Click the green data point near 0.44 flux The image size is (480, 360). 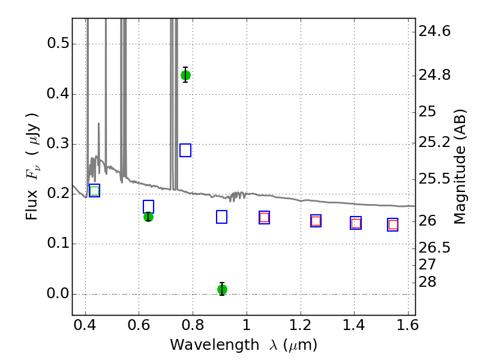click(x=185, y=75)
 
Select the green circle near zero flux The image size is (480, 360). click(x=222, y=289)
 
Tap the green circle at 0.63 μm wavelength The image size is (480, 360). click(x=148, y=217)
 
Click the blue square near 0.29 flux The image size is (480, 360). click(x=185, y=151)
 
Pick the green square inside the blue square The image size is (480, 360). click(x=95, y=191)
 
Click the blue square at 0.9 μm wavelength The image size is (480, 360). click(x=221, y=217)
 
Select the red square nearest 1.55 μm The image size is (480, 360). click(x=393, y=225)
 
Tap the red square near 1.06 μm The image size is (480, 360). click(x=264, y=218)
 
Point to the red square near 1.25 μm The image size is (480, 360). click(x=316, y=221)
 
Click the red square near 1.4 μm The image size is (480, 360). click(x=356, y=223)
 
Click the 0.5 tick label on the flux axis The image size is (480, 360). click(x=58, y=43)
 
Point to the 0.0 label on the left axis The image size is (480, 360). click(x=58, y=293)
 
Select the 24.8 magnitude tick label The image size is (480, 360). click(x=434, y=76)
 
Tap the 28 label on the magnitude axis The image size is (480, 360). click(x=427, y=282)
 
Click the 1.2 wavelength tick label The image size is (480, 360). click(x=301, y=325)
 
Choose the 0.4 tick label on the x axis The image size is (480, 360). click(x=85, y=325)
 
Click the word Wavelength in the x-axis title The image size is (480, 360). click(x=215, y=346)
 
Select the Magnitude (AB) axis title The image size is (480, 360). click(x=460, y=167)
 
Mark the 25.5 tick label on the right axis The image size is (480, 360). click(x=434, y=179)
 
